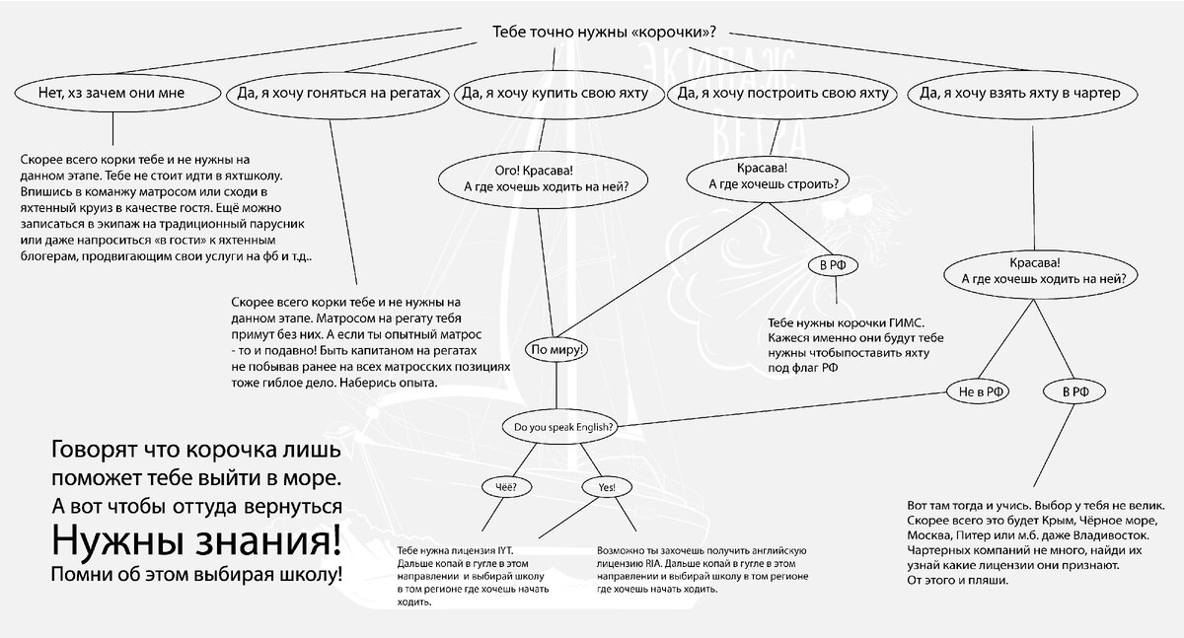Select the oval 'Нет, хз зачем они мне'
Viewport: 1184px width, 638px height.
click(x=111, y=94)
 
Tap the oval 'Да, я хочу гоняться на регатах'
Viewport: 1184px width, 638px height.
click(x=335, y=94)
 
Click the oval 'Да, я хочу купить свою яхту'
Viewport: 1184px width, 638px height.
click(x=554, y=94)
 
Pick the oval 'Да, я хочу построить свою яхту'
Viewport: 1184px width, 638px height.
click(x=778, y=94)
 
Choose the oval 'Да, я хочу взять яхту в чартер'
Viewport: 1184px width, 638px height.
click(x=1025, y=94)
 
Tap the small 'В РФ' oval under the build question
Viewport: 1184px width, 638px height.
click(x=831, y=265)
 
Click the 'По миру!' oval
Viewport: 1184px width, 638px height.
click(x=558, y=349)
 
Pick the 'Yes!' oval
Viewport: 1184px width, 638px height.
click(x=607, y=487)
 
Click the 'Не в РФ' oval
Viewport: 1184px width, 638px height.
click(x=983, y=391)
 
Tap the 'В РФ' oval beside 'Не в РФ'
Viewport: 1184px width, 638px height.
click(x=1075, y=391)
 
